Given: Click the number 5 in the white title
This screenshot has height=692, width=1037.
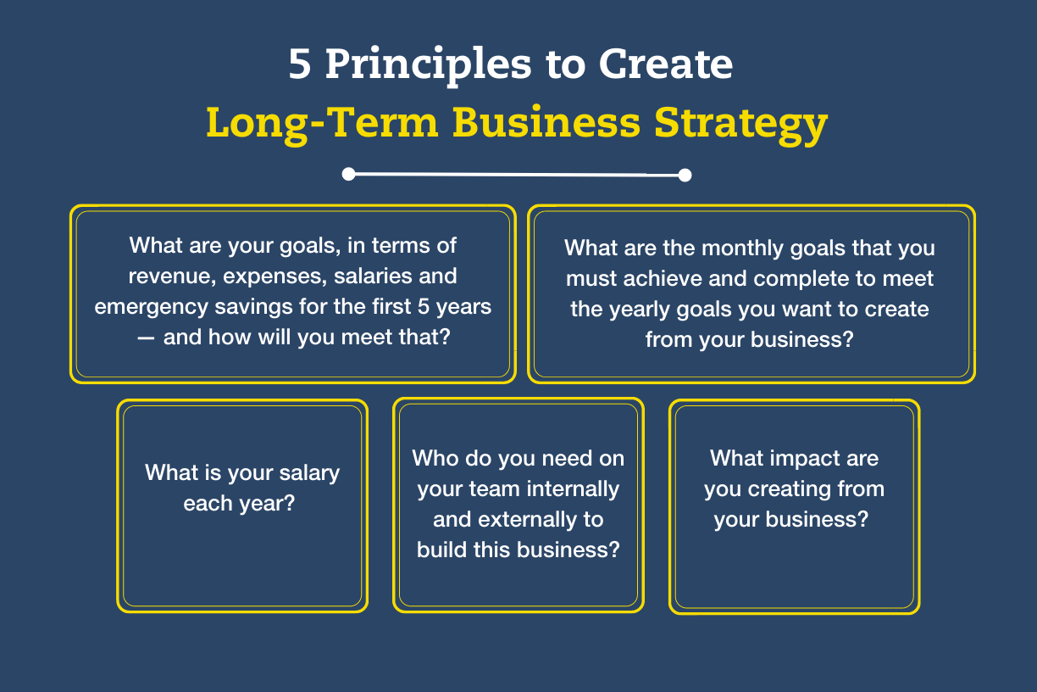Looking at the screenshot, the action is tap(299, 64).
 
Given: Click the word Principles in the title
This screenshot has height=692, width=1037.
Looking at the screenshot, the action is tap(428, 65).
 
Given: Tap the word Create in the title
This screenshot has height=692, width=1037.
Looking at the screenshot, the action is tap(666, 64).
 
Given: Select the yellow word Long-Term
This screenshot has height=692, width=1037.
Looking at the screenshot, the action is tap(322, 123).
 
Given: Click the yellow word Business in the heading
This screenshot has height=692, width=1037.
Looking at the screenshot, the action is tap(546, 122).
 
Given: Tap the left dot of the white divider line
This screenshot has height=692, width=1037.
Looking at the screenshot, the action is tap(348, 175).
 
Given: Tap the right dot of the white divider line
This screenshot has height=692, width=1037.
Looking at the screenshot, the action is tap(685, 176).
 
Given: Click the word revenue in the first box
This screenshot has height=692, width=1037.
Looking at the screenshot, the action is tap(172, 276).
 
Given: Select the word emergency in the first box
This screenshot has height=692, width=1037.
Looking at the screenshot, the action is tap(152, 308).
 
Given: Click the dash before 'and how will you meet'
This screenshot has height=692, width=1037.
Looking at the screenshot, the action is tap(146, 338).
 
